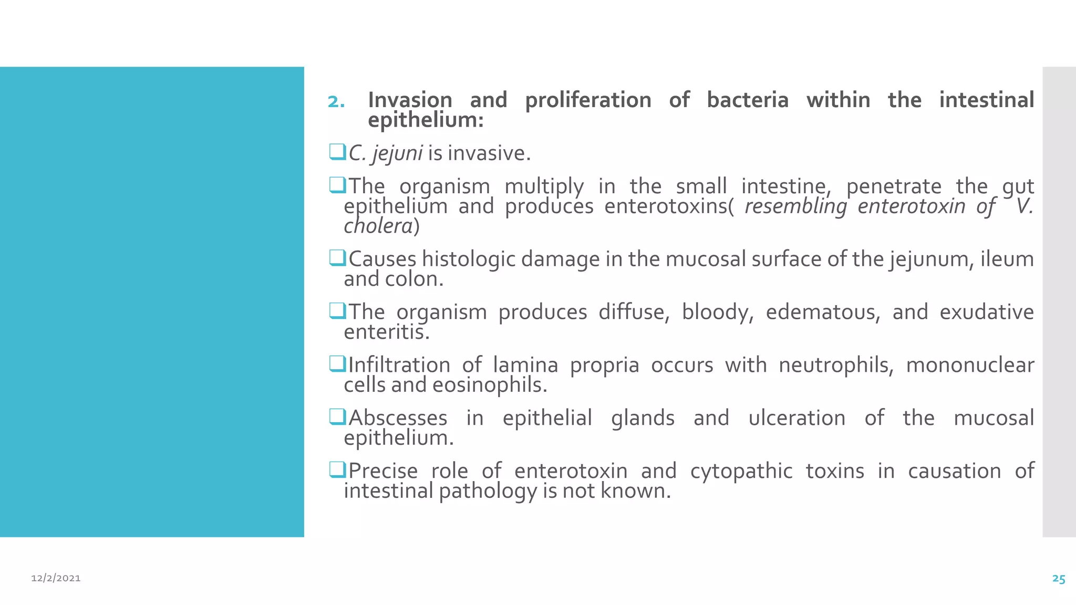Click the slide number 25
pyautogui.click(x=1058, y=579)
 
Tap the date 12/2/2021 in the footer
pyautogui.click(x=56, y=578)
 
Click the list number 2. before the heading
pyautogui.click(x=336, y=101)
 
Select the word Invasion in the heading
pyautogui.click(x=410, y=100)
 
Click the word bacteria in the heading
pyautogui.click(x=747, y=100)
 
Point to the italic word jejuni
pyautogui.click(x=397, y=153)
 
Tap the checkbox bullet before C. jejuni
pyautogui.click(x=337, y=152)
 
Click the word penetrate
pyautogui.click(x=894, y=186)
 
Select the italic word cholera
pyautogui.click(x=378, y=226)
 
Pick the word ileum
pyautogui.click(x=1007, y=259)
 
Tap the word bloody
pyautogui.click(x=717, y=312)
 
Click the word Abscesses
pyautogui.click(x=398, y=418)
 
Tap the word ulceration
pyautogui.click(x=796, y=418)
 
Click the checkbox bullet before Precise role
pyautogui.click(x=337, y=470)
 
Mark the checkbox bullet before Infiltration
pyautogui.click(x=337, y=363)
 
